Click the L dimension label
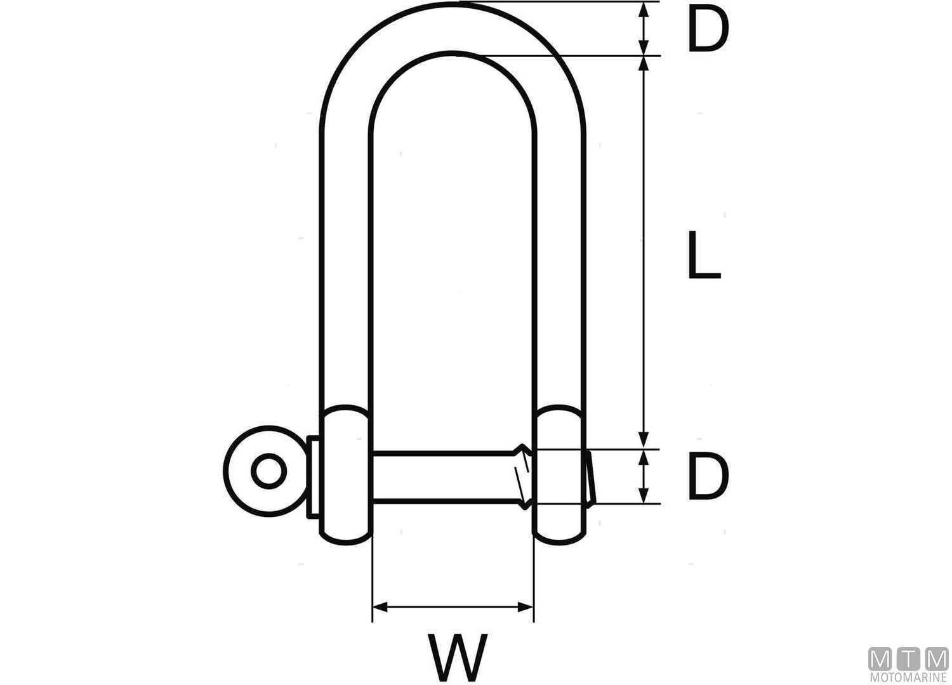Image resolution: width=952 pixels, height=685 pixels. pos(703,255)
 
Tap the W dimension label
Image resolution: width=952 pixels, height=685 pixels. pos(458,656)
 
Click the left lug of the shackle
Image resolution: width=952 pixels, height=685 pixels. pos(345,474)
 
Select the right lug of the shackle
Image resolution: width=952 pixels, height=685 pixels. pos(559,474)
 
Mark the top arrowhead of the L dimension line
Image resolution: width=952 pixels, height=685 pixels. pos(644,62)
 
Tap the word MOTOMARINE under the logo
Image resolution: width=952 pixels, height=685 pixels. pos(908,678)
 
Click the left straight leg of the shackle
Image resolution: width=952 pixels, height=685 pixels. pos(345,266)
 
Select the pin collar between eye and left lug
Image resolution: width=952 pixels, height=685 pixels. pos(313,476)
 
